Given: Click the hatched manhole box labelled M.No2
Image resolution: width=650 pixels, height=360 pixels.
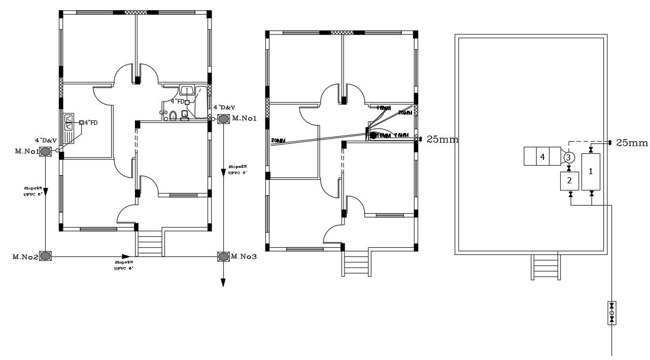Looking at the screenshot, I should tap(46, 256).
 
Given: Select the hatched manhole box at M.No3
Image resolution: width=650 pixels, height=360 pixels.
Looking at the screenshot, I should tap(223, 256).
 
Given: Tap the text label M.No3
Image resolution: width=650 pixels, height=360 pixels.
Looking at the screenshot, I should tap(244, 257).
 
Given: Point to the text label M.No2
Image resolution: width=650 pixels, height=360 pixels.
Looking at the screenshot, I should tap(25, 257).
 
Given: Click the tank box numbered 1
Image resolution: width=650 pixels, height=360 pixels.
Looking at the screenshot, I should tap(591, 172).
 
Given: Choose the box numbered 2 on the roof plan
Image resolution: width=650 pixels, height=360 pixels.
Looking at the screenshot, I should tap(569, 181).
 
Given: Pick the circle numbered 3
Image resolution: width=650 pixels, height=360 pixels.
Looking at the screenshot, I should tap(568, 158).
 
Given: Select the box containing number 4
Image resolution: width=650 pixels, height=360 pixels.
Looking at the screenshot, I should tap(542, 157).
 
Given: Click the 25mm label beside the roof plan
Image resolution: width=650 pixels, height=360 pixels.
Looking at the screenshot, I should tap(632, 143).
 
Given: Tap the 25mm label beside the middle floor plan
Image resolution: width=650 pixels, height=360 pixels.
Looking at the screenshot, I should tap(442, 139).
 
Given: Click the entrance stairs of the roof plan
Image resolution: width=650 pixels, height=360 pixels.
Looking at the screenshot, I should tap(546, 267).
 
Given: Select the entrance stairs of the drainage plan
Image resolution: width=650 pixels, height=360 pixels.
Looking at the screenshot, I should tap(148, 245).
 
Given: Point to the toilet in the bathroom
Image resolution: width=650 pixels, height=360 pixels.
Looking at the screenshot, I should tap(173, 116).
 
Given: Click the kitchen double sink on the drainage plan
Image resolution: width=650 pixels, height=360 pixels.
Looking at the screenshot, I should tap(69, 123).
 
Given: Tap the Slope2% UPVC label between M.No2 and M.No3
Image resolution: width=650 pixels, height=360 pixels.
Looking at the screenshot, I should tap(124, 265).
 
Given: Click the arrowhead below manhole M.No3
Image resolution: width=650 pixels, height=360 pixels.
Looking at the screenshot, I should tap(222, 282).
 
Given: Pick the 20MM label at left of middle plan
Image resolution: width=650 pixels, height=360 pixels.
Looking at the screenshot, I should tap(279, 141).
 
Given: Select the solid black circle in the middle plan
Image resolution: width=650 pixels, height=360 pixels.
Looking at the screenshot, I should tap(373, 136).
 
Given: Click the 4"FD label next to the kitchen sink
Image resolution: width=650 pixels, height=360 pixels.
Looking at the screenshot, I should tap(91, 122).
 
